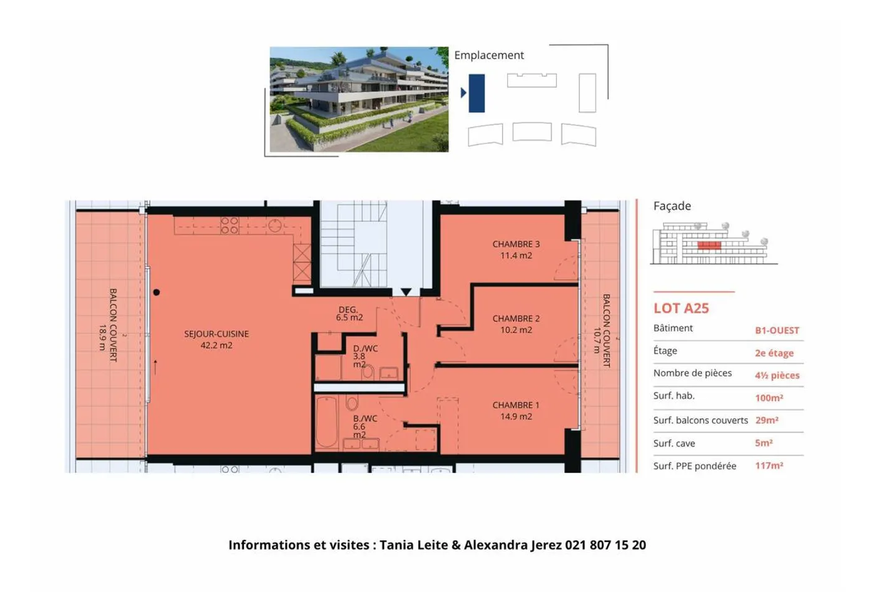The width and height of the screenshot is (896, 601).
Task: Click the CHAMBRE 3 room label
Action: [516, 249]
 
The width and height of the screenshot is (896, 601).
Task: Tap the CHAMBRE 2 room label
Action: [516, 324]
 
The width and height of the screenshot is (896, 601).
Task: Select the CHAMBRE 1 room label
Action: [516, 410]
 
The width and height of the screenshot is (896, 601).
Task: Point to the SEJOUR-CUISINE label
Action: [217, 339]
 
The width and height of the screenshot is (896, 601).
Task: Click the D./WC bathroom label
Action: [365, 356]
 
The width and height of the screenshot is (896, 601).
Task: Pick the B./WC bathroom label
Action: [365, 426]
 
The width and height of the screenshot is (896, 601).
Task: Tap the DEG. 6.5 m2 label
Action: [349, 314]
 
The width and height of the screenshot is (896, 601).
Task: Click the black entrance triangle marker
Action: [406, 292]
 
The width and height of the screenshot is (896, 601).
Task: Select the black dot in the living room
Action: [156, 292]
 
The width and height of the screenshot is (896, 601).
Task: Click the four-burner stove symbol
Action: [230, 225]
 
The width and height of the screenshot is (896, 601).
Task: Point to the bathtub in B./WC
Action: [327, 421]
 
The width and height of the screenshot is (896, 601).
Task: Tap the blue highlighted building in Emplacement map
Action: [477, 93]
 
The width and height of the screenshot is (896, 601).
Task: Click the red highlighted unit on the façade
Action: [709, 245]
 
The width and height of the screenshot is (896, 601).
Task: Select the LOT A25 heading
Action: [681, 309]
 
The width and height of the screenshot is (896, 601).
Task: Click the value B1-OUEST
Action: [777, 330]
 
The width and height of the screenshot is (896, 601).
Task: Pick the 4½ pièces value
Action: [777, 376]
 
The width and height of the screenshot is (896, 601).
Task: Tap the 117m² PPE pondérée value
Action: [769, 465]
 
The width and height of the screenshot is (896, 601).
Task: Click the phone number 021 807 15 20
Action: [605, 544]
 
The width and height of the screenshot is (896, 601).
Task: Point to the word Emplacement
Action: [489, 55]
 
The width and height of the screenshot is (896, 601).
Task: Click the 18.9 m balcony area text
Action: [103, 337]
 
